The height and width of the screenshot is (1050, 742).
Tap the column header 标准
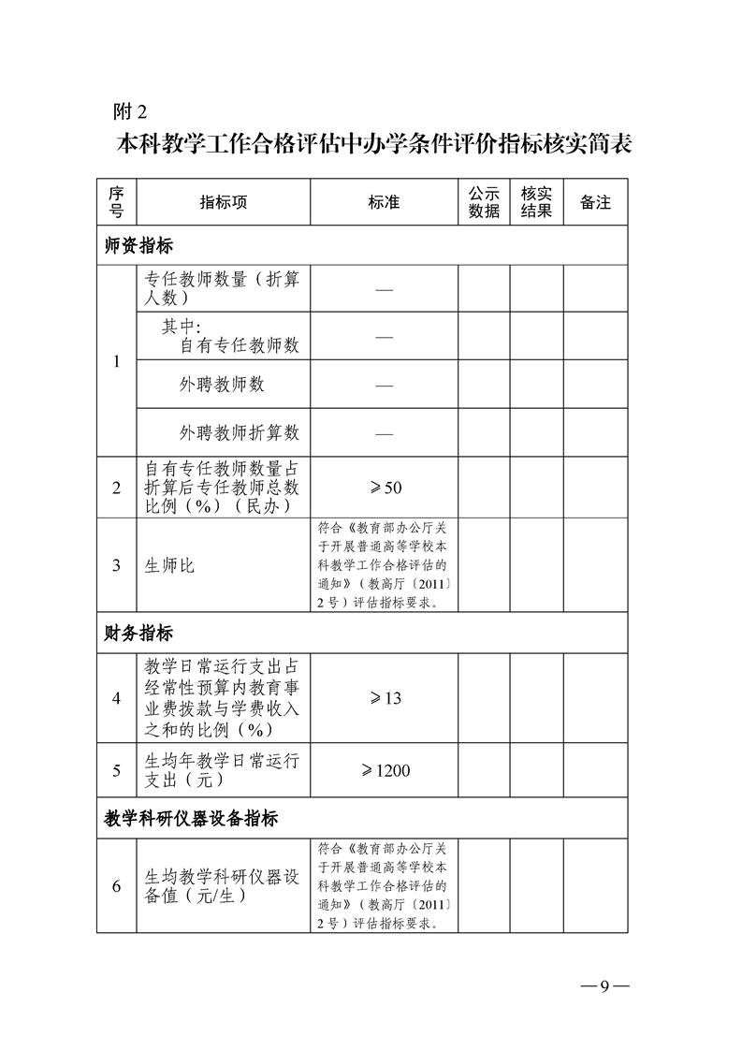coord(384,202)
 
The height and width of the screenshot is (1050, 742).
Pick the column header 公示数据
coord(484,202)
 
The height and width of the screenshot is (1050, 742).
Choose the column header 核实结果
coord(536,202)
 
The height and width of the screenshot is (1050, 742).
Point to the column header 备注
coord(595,202)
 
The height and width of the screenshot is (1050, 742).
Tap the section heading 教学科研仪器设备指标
coord(191,819)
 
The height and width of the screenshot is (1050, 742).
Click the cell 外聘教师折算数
coord(240,432)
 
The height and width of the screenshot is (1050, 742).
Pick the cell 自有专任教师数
coord(240,345)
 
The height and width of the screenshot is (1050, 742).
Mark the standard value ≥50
coord(384,488)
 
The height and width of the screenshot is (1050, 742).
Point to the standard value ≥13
coord(384,698)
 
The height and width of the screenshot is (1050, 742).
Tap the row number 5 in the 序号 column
coord(117,770)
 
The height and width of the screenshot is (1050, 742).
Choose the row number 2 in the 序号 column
coord(117,488)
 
